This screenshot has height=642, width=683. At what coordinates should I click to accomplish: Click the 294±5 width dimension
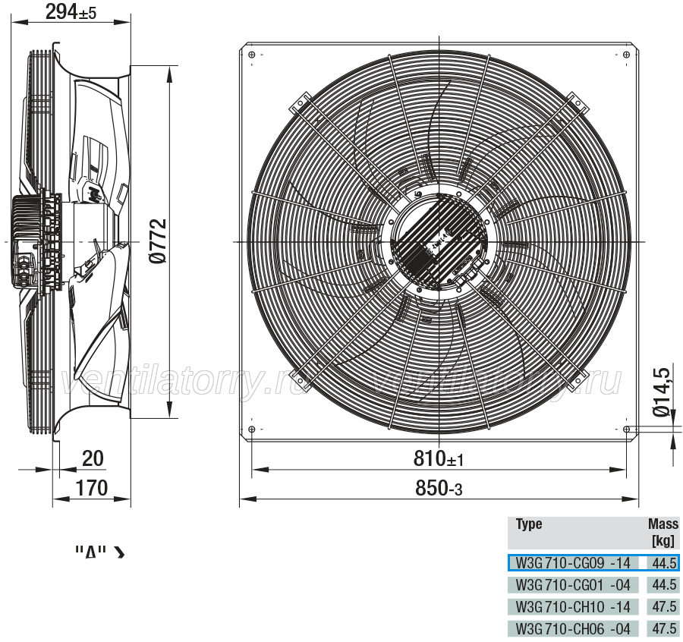pyautogui.click(x=71, y=11)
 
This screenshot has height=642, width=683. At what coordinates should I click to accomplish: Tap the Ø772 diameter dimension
pyautogui.click(x=158, y=241)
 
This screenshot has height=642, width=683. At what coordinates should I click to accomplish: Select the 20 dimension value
pyautogui.click(x=93, y=458)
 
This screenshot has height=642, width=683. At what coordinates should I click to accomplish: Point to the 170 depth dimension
pyautogui.click(x=92, y=488)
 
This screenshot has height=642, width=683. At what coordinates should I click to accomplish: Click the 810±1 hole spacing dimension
pyautogui.click(x=438, y=458)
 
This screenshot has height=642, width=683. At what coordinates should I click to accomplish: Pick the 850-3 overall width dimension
pyautogui.click(x=439, y=488)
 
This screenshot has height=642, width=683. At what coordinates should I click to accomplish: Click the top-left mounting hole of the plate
pyautogui.click(x=251, y=55)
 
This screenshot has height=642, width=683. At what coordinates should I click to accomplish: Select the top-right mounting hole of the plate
pyautogui.click(x=626, y=55)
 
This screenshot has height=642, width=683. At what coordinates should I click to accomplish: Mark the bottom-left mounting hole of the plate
pyautogui.click(x=251, y=430)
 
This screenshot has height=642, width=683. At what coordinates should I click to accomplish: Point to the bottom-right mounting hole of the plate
pyautogui.click(x=626, y=430)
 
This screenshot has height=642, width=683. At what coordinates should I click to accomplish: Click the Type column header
pyautogui.click(x=529, y=524)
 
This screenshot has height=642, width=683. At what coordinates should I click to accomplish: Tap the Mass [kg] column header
pyautogui.click(x=663, y=532)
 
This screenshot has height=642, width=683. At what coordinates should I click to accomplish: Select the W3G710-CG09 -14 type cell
pyautogui.click(x=573, y=563)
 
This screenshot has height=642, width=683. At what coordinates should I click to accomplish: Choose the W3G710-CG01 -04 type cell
pyautogui.click(x=573, y=584)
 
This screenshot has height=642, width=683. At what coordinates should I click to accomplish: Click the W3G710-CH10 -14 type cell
pyautogui.click(x=573, y=606)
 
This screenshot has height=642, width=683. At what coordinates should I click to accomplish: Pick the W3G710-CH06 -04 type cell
pyautogui.click(x=573, y=628)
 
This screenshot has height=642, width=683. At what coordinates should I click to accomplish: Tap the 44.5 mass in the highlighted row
pyautogui.click(x=664, y=563)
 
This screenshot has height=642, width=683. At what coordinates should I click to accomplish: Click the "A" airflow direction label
pyautogui.click(x=90, y=552)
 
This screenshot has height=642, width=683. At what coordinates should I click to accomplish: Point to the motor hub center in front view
pyautogui.click(x=439, y=241)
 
